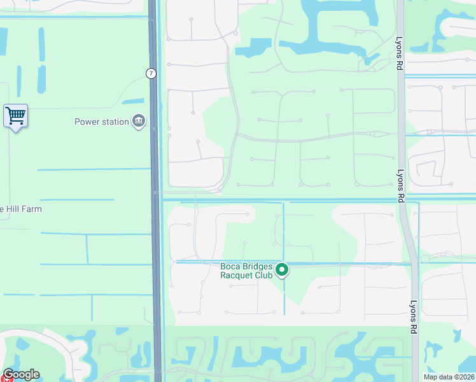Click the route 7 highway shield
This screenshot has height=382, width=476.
(x=151, y=73)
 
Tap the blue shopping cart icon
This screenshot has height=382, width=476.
(x=15, y=117)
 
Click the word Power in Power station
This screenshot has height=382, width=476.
(x=87, y=122)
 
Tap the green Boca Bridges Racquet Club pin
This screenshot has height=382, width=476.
(x=282, y=270)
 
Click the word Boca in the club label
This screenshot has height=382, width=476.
(x=231, y=267)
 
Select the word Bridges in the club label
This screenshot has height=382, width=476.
(x=258, y=267)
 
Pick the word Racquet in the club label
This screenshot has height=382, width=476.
(x=237, y=275)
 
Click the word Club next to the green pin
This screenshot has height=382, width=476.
(x=264, y=275)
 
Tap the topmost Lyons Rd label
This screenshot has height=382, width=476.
(x=400, y=48)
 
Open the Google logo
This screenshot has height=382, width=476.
(x=21, y=374)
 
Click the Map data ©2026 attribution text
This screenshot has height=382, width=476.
(x=449, y=377)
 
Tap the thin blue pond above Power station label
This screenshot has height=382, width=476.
(x=132, y=101)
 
